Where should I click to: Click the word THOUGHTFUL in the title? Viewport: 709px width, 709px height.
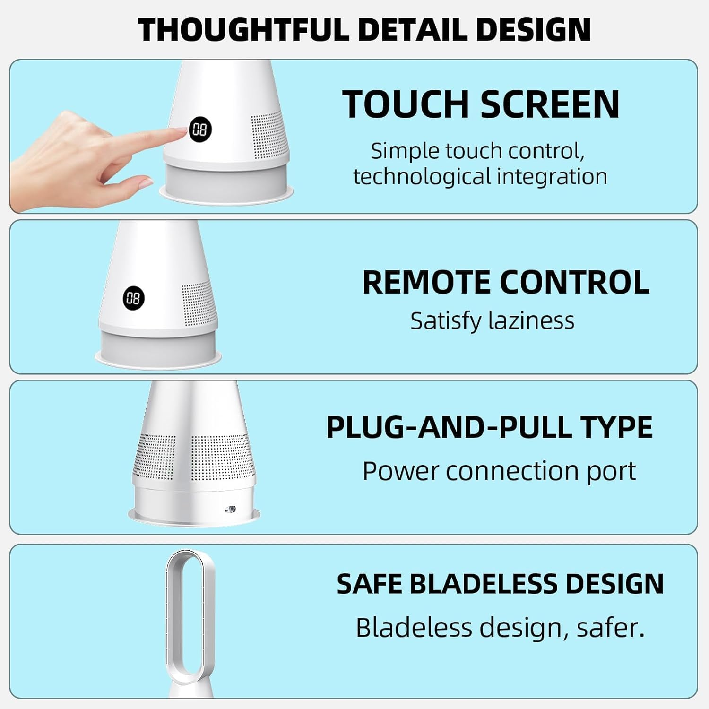[245, 29]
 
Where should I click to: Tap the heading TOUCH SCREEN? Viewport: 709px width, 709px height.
[481, 104]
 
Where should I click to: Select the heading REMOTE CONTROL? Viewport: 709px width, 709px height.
[506, 282]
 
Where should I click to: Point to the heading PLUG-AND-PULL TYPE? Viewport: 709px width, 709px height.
[489, 427]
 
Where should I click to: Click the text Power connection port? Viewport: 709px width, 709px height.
[499, 471]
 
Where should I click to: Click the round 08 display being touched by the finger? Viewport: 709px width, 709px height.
[200, 129]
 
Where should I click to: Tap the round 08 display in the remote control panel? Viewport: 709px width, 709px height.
[134, 298]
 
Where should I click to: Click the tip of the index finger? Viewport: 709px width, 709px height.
[183, 132]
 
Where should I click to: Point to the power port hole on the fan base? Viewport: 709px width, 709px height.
[231, 509]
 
